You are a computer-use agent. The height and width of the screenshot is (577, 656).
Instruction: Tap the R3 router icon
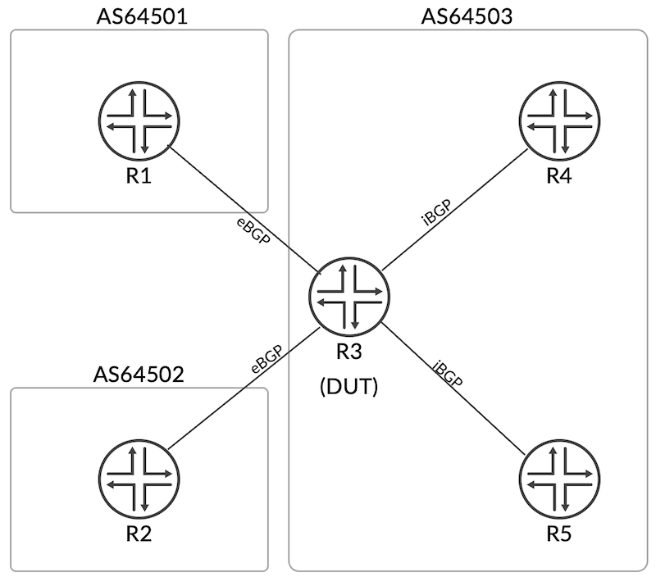[x=349, y=300]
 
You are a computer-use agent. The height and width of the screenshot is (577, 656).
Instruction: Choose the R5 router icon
[x=560, y=479]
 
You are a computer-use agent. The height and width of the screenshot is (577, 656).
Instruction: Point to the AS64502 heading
[x=139, y=375]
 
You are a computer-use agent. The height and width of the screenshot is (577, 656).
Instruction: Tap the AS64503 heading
[x=467, y=16]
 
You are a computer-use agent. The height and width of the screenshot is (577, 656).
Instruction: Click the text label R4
[x=560, y=177]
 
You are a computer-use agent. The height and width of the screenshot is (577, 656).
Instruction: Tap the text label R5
[x=560, y=534]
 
